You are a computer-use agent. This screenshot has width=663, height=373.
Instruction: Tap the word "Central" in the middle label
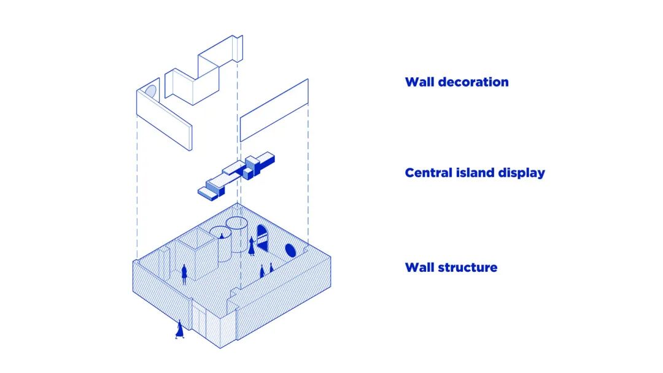[427, 172]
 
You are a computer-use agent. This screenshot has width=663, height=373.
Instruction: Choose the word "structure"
[467, 267]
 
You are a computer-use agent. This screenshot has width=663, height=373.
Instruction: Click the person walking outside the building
[179, 329]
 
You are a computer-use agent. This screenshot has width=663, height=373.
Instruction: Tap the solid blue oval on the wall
[290, 250]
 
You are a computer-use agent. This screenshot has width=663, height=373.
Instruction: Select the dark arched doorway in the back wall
[262, 238]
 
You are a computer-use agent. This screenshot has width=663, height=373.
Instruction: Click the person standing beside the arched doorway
[251, 246]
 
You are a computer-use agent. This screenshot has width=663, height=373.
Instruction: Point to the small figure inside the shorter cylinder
[222, 235]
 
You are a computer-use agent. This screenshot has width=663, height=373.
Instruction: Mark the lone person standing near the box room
[184, 274]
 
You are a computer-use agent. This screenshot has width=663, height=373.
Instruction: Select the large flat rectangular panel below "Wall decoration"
[274, 110]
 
